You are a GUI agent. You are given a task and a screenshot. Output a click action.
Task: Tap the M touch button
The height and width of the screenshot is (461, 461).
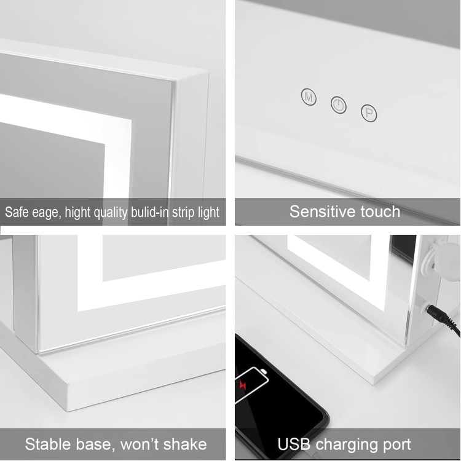click(x=309, y=97)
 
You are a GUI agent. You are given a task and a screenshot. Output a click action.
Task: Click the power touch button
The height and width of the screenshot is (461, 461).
click(x=339, y=104)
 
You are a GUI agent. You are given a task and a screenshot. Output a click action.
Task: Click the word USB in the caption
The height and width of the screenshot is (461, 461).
click(x=294, y=444)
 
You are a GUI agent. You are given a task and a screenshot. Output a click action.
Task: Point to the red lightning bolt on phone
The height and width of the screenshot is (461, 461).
click(x=243, y=385)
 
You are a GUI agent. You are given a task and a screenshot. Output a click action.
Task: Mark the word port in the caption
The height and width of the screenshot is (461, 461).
click(x=396, y=445)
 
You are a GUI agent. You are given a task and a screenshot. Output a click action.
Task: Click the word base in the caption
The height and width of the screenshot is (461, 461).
click(x=94, y=444)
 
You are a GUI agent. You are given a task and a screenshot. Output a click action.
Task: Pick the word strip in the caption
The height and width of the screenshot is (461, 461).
click(x=181, y=213)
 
